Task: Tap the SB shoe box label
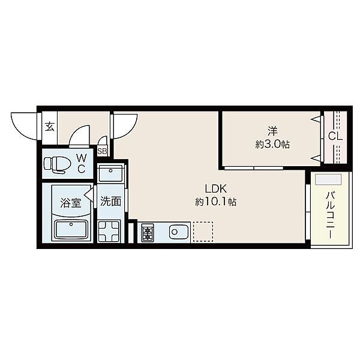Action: (x=102, y=151)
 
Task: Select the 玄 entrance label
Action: (x=50, y=127)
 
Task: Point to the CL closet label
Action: (x=335, y=137)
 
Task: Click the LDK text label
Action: (x=215, y=189)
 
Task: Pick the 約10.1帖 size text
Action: (x=215, y=202)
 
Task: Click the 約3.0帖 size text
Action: (x=272, y=145)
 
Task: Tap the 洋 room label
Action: (x=272, y=131)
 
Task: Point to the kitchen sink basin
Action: (x=179, y=232)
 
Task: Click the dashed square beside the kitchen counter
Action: (x=203, y=232)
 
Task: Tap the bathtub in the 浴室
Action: (x=71, y=230)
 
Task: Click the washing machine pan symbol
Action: (x=109, y=232)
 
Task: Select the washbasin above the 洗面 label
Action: (x=110, y=173)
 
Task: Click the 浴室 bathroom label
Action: (x=71, y=203)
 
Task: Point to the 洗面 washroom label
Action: (x=110, y=201)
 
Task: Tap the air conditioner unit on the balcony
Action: (x=328, y=179)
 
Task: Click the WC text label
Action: (x=82, y=163)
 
